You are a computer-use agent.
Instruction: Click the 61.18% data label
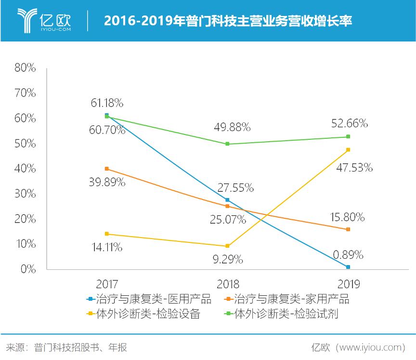point(107,102)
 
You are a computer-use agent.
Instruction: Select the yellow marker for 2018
point(227,246)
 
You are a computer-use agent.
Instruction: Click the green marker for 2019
point(348,137)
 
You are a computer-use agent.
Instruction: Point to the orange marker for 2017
point(106,169)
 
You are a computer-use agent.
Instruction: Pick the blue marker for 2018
point(227,200)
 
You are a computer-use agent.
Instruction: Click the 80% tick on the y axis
point(26,68)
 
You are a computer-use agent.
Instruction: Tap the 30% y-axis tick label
point(26,194)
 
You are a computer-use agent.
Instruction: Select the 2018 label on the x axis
point(227,283)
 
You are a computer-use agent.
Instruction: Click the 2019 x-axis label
point(348,283)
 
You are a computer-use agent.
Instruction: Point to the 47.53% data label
point(355,168)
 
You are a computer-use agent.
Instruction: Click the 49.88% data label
point(233,127)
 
